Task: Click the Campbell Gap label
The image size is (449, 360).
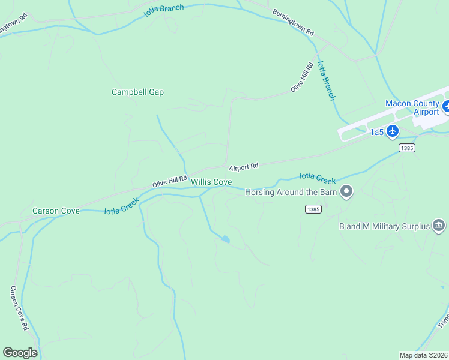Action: click(137, 92)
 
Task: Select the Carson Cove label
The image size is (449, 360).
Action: click(56, 211)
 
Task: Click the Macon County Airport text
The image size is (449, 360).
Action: click(412, 107)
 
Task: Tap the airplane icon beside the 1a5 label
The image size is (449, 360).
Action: click(393, 131)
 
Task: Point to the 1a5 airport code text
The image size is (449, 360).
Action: click(376, 132)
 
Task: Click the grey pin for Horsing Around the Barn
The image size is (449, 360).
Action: click(346, 192)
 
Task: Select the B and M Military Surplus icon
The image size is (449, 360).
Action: click(439, 226)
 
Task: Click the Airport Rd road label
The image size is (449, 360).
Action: click(243, 166)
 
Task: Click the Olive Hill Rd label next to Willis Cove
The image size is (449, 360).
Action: click(170, 181)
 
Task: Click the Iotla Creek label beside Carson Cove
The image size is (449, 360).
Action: click(122, 206)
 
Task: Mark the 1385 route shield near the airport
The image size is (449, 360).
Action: click(406, 148)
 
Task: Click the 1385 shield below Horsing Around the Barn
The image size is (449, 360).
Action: click(313, 209)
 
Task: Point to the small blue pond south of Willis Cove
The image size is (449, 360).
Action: click(225, 239)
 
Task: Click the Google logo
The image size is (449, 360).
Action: click(20, 353)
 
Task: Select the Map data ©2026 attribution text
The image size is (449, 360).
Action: click(424, 355)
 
